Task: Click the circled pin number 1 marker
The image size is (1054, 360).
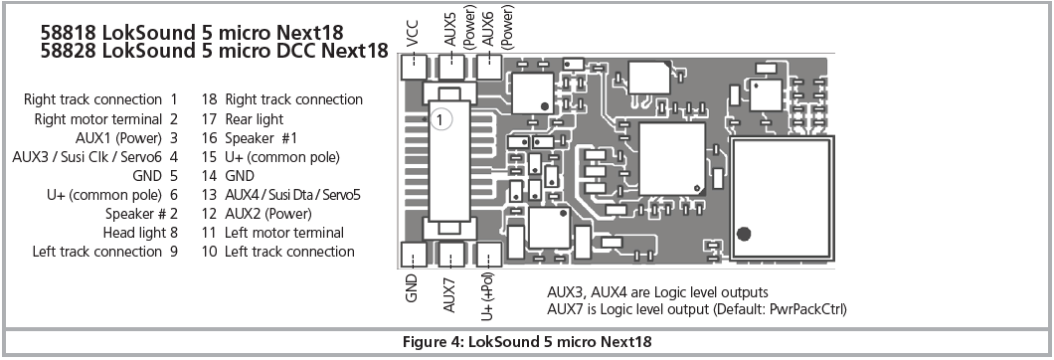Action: click(x=439, y=119)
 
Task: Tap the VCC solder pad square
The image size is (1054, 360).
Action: click(x=414, y=67)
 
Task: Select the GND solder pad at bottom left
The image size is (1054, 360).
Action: click(x=414, y=255)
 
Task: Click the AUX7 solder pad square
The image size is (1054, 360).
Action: click(x=450, y=255)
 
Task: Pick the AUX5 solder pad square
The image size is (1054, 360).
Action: click(x=451, y=67)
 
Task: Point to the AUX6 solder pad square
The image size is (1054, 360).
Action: click(x=488, y=67)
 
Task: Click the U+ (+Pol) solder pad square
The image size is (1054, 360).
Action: click(x=488, y=255)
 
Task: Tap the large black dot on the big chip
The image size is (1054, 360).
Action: click(x=744, y=234)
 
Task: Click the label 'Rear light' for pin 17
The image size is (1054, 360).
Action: click(x=255, y=119)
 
